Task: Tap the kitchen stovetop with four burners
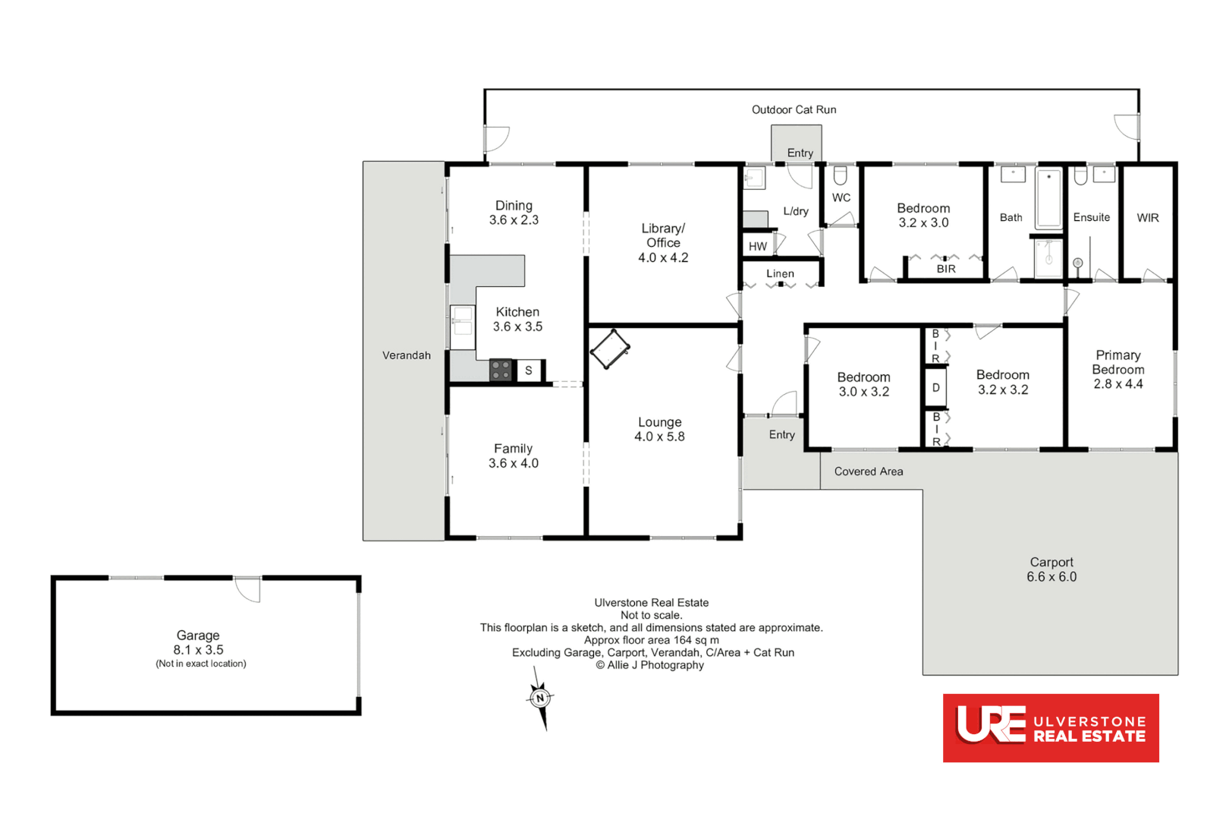[x=501, y=371]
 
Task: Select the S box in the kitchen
[x=529, y=371]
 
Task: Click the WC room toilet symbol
[x=840, y=176]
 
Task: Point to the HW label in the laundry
[x=757, y=247]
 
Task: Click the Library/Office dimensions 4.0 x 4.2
[x=663, y=258]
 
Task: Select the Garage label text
[x=198, y=635]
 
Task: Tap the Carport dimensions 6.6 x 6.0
[x=1051, y=577]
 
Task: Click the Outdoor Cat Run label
[x=794, y=110]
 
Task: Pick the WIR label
[x=1148, y=218]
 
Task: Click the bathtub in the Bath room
[x=1049, y=198]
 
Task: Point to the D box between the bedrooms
[x=935, y=388]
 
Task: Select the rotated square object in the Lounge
[x=610, y=349]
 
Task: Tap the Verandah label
[x=407, y=355]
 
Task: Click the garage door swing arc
[x=247, y=590]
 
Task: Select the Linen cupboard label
[x=780, y=274]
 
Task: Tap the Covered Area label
[x=869, y=471]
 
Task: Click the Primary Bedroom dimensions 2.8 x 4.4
[x=1118, y=384]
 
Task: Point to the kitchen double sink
[x=462, y=320]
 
